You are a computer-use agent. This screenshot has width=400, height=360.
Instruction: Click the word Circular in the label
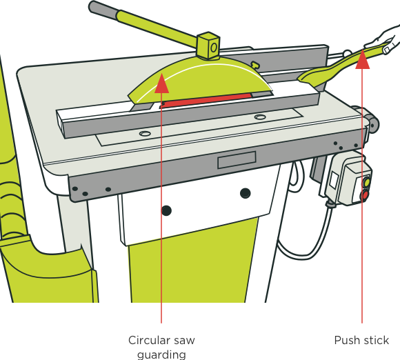pyautogui.click(x=149, y=341)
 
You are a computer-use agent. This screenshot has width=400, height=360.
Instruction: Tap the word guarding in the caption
pyautogui.click(x=161, y=355)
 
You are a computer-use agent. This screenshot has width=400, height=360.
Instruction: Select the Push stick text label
pyautogui.click(x=361, y=341)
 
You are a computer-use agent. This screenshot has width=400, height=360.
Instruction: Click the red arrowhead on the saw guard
pyautogui.click(x=161, y=83)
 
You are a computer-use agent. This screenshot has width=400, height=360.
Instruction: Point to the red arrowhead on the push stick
pyautogui.click(x=362, y=59)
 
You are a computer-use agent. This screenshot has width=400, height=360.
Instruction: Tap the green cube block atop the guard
pyautogui.click(x=208, y=46)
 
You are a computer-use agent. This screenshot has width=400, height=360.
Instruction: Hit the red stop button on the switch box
pyautogui.click(x=365, y=196)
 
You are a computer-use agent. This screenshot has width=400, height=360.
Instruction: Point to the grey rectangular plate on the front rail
pyautogui.click(x=237, y=160)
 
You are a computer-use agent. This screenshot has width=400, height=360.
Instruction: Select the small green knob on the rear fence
pyautogui.click(x=254, y=64)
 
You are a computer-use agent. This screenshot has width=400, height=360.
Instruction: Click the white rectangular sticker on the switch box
pyautogui.click(x=334, y=180)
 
